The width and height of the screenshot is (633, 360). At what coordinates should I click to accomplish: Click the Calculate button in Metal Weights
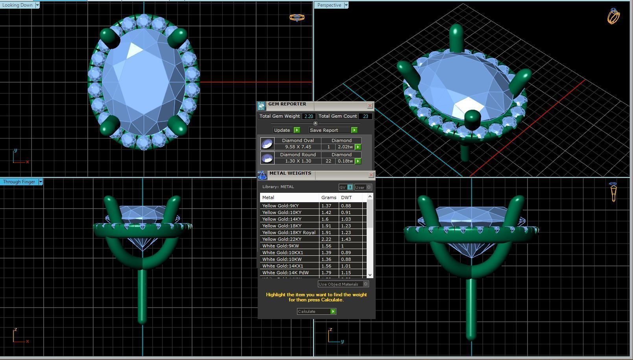(316, 312)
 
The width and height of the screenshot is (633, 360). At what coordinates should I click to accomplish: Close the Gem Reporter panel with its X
(370, 105)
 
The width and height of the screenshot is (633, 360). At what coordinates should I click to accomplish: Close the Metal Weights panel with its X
(371, 175)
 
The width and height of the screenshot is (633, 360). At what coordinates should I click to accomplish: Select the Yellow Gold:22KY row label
(282, 239)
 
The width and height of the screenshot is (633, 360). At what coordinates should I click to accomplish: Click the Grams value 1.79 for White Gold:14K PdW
(326, 273)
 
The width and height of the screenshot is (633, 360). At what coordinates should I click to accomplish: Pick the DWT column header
(346, 198)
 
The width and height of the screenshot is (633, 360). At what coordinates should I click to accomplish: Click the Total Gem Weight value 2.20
(308, 116)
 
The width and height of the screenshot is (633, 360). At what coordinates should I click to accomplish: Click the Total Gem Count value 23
(365, 116)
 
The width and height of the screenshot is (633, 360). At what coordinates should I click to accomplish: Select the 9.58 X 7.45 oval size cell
(298, 147)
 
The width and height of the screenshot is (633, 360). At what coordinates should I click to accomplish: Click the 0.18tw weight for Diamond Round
(345, 161)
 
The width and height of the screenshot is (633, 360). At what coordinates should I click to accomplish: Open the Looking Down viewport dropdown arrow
(37, 5)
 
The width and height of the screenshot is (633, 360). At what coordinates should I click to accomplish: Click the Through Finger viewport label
(19, 182)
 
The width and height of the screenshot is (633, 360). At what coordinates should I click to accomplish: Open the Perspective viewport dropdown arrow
(346, 5)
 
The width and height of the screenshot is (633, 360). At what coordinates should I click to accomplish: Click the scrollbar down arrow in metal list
(370, 275)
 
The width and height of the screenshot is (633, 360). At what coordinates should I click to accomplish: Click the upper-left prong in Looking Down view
(110, 38)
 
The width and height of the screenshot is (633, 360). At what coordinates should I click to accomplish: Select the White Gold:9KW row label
(281, 246)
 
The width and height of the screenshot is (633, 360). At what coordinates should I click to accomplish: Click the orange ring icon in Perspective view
(613, 16)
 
